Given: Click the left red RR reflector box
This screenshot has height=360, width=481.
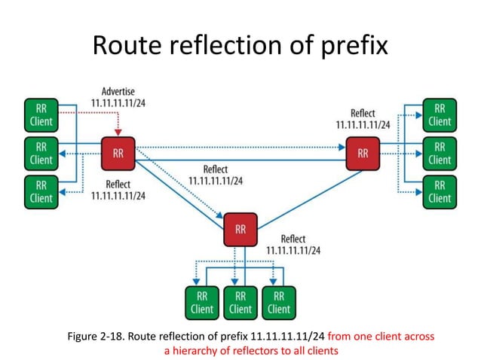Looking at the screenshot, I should (x=118, y=154).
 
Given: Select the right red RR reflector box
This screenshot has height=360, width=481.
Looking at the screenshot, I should (x=363, y=154).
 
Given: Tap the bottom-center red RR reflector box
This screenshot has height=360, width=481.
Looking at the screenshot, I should (x=240, y=229).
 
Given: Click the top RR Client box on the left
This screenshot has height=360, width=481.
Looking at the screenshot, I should (x=40, y=114).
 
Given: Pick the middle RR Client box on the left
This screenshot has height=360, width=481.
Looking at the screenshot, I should (x=40, y=153).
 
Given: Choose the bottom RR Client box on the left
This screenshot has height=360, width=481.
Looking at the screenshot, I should (x=40, y=192).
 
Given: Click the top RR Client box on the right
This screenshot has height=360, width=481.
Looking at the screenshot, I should (x=440, y=114).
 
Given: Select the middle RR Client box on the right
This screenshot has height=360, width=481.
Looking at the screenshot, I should (x=440, y=153).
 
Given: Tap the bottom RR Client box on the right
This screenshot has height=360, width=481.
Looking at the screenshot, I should (x=440, y=192).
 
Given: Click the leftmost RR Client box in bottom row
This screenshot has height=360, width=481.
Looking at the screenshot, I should (x=202, y=302).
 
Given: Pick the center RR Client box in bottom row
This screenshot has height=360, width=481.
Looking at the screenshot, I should (x=240, y=302).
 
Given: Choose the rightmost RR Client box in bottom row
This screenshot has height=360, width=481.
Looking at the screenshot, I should (x=279, y=302).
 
